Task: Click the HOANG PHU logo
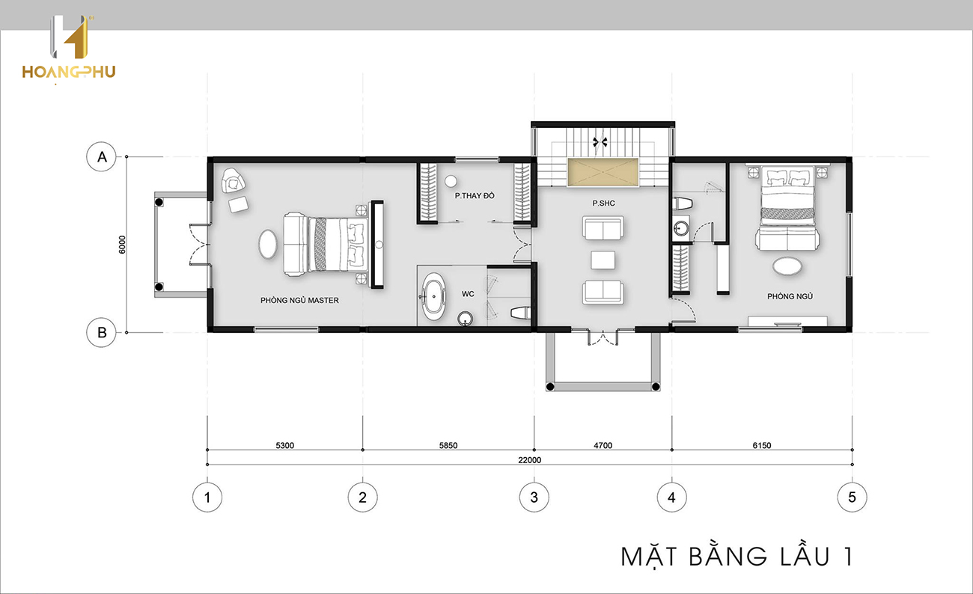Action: tap(69, 49)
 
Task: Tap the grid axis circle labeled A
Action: tap(102, 157)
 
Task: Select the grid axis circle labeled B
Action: tap(102, 333)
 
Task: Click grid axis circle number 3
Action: tap(534, 497)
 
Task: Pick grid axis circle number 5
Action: tap(852, 497)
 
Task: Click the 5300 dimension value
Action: tap(285, 446)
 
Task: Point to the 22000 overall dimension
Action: tap(529, 460)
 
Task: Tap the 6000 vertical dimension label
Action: tap(122, 245)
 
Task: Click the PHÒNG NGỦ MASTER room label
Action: tap(299, 300)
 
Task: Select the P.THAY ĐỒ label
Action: tap(475, 196)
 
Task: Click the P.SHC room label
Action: tap(604, 203)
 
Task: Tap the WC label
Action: tap(468, 294)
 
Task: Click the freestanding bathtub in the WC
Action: tap(434, 296)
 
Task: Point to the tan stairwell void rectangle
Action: tap(603, 172)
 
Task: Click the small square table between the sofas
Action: tap(603, 260)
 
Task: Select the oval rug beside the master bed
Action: tap(268, 244)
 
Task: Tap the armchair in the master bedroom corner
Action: tap(233, 180)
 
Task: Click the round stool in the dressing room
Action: tap(451, 181)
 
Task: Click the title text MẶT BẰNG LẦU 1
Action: tap(736, 557)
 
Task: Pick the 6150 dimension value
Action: tap(762, 446)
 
